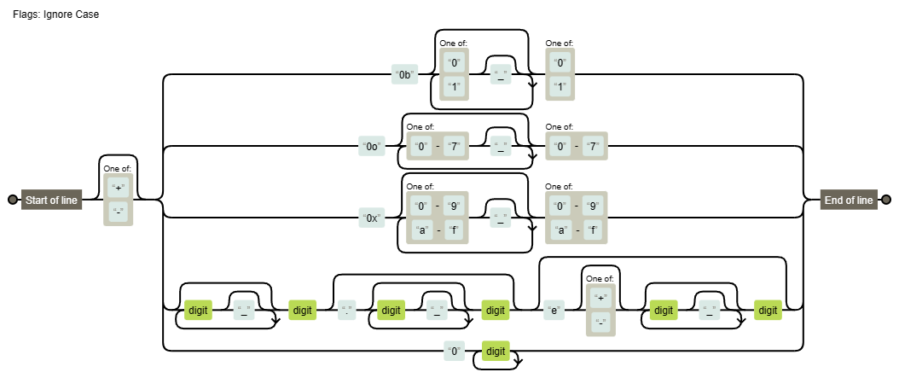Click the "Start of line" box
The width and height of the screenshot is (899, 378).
click(x=51, y=201)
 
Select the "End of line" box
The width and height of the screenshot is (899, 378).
click(x=848, y=201)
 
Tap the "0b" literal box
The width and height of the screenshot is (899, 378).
click(x=404, y=75)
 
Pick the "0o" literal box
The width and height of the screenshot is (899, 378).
click(x=372, y=147)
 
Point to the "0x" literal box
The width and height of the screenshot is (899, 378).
click(x=371, y=218)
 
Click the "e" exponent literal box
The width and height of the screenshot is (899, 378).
click(x=554, y=311)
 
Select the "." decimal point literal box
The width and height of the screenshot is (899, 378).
click(x=346, y=311)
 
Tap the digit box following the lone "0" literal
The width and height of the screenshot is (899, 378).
click(x=496, y=351)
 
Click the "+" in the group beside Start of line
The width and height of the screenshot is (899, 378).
click(x=119, y=188)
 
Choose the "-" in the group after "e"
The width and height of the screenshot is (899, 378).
click(x=601, y=323)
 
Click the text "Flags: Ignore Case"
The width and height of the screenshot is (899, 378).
click(x=56, y=15)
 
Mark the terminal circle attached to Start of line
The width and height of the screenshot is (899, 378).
click(x=12, y=201)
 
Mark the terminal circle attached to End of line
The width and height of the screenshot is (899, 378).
click(x=886, y=201)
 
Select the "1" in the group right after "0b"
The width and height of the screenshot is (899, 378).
click(x=455, y=87)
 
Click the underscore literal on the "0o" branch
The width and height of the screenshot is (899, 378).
click(x=501, y=147)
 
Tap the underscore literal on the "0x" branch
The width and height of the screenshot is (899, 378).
click(x=501, y=218)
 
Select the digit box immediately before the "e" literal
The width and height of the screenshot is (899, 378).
click(x=496, y=311)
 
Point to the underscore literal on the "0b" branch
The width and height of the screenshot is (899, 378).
click(x=501, y=75)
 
